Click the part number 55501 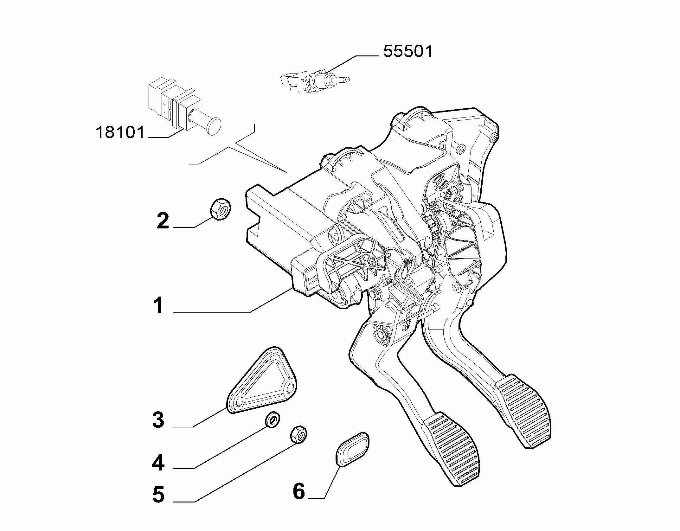click(407, 51)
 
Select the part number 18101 click(120, 132)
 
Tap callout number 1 click(158, 305)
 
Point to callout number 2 click(163, 221)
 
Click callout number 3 click(158, 420)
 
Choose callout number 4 click(158, 463)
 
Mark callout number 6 click(298, 491)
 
